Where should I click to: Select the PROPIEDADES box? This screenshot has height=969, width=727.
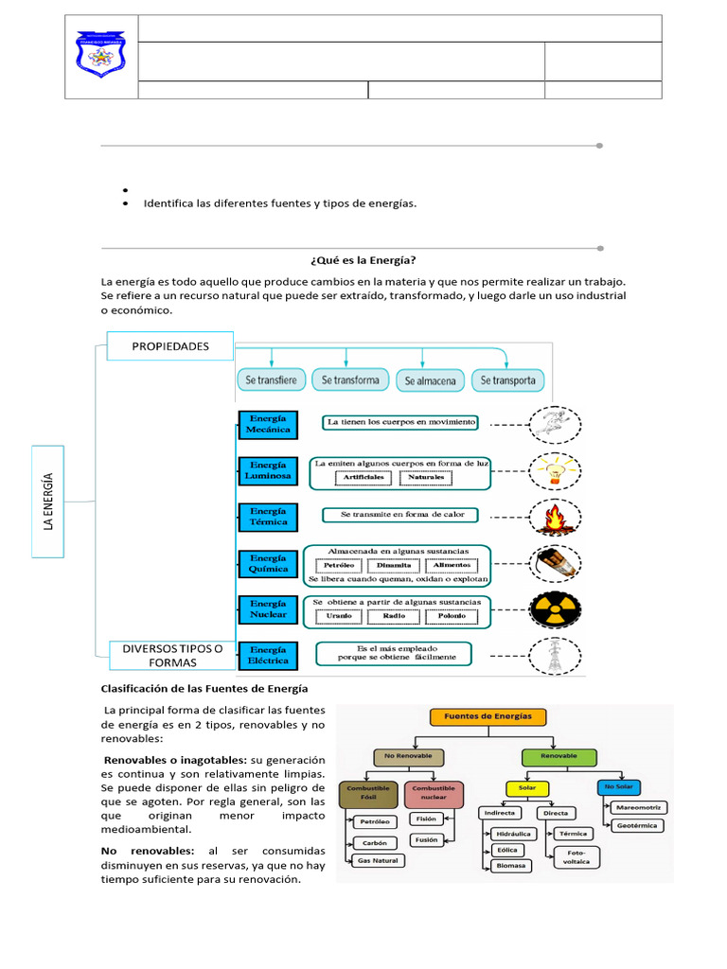click(x=170, y=346)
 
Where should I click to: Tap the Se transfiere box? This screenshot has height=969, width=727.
click(x=271, y=380)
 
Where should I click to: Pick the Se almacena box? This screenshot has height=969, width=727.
click(x=430, y=381)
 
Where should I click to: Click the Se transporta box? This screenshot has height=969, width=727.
click(x=508, y=380)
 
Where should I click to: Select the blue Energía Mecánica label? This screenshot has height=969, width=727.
click(x=268, y=424)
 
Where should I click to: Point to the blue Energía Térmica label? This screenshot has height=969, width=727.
click(x=268, y=516)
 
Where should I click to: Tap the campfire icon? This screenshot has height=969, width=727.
click(x=556, y=517)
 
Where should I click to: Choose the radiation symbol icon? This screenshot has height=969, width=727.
click(x=556, y=608)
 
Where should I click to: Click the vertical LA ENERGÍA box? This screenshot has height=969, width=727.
click(x=49, y=502)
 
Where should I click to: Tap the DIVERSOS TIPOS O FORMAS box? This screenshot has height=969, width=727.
click(x=166, y=655)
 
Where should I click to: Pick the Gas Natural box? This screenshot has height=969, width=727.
click(x=377, y=861)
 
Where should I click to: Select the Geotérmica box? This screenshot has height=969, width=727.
click(x=638, y=825)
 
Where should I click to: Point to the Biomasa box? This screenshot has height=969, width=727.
click(x=509, y=866)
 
